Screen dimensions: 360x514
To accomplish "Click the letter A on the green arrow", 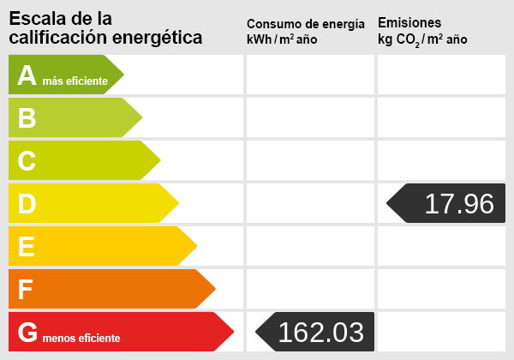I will [27, 75].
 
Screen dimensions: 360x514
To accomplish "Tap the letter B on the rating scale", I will [27, 118].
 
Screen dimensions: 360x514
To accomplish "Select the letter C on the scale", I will [27, 161].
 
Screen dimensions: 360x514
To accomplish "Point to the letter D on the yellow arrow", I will [27, 204].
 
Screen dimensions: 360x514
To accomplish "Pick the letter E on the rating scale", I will [27, 247].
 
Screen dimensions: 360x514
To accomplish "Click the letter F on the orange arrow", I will [27, 290].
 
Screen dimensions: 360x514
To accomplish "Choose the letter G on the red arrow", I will [28, 333].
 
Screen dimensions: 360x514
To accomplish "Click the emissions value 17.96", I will [459, 204].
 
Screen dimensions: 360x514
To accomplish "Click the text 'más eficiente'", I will [75, 81].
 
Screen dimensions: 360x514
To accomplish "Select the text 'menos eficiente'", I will [82, 339].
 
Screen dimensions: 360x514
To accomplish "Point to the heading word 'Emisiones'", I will [409, 22].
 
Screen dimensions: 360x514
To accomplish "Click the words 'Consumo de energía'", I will [305, 23].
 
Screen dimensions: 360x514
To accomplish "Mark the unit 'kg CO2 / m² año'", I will [422, 39].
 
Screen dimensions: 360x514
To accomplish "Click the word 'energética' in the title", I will [158, 38].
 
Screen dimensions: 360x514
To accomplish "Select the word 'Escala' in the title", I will [33, 18].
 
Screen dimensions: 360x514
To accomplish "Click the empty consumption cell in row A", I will [310, 75].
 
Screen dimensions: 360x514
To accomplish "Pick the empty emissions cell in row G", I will [441, 333].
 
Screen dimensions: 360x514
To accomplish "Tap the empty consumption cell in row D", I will [310, 204].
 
